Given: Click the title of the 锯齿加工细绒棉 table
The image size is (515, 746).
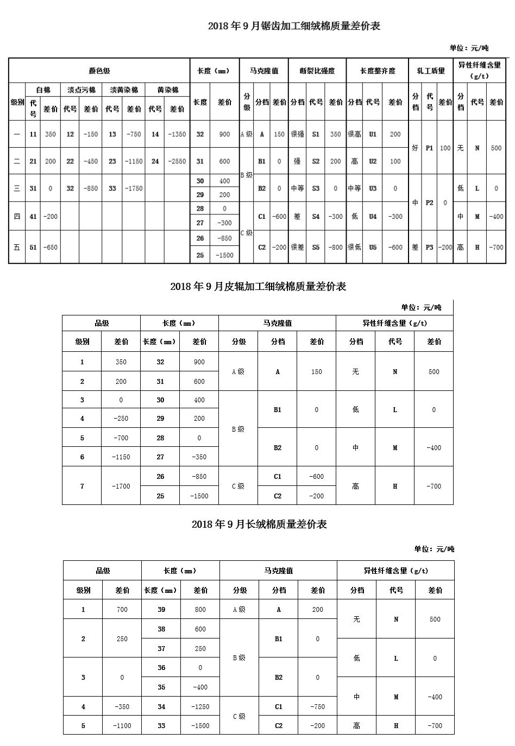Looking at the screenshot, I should coord(294,26).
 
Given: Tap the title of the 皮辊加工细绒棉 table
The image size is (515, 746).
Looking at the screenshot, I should coord(258,286).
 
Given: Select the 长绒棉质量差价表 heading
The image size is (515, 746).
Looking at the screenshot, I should coord(259,524).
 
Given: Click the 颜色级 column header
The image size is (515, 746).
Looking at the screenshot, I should coord(99,71).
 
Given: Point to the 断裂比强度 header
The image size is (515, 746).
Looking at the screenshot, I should coord(317,71).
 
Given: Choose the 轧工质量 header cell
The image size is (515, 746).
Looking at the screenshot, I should coord(431,71).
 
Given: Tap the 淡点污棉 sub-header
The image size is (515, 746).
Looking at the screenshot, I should coord(81,90).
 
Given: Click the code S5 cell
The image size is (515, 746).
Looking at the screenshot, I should coord(316,247).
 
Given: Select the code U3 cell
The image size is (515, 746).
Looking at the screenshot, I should coord(373,188).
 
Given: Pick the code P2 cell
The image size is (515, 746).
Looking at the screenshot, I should coord(429,203).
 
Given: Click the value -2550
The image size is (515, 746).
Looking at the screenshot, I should coord(177,161).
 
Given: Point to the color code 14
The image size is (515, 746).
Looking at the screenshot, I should coord(155,134).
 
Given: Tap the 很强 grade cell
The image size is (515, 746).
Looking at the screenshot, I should coord(297,134).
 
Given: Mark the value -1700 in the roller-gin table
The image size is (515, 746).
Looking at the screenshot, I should coord(121,486).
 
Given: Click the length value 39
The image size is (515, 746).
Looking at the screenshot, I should coord(161,609).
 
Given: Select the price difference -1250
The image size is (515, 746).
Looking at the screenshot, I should coord(200,706).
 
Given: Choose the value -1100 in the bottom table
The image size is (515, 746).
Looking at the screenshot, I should coord(122,725).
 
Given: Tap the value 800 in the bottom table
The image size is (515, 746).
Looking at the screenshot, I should coord(200,609).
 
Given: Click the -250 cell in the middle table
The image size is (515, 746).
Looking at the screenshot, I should coord(121,419).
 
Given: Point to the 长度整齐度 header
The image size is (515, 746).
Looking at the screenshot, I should coord(378,71).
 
